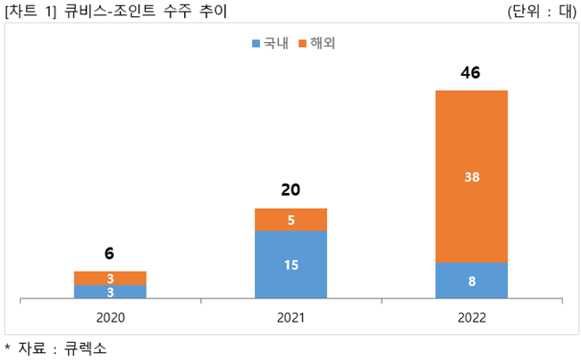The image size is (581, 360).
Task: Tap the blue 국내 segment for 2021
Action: coord(290,264)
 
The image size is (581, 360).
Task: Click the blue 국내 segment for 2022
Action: coord(471,280)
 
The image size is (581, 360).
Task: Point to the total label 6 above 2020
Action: coord(109,254)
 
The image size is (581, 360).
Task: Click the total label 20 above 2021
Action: coord(290,189)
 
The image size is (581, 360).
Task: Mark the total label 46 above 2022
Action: coord(470,72)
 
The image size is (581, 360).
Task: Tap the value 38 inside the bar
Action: coord(472,177)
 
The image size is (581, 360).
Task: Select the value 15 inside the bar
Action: coord(290,264)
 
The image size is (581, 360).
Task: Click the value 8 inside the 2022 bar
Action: coord(472,280)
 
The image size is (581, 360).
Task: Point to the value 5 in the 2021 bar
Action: coord(290,220)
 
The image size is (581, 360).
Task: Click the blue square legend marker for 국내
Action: coord(257,43)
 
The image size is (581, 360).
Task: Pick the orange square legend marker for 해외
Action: coord(302,43)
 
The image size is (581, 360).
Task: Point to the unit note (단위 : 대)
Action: coord(542,12)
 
